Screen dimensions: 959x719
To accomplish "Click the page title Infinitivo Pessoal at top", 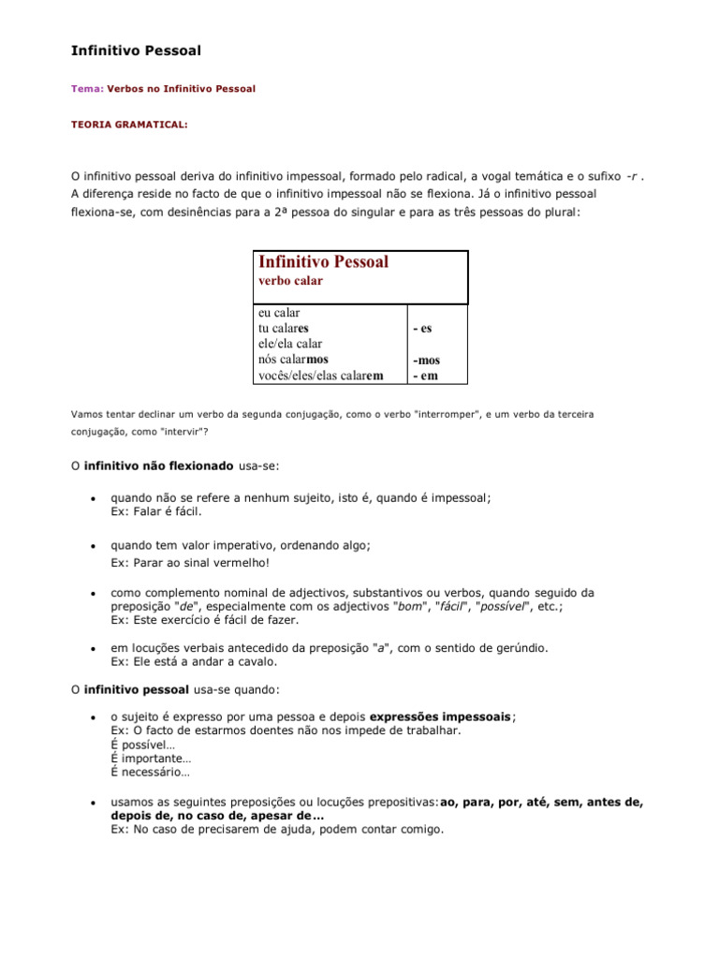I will coord(136,50).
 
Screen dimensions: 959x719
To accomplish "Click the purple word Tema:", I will coord(87,89).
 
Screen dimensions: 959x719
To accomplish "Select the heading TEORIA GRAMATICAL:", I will coord(129,124).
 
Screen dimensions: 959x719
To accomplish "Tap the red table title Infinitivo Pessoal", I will coord(323,262).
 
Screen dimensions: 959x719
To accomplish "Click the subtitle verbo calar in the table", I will coord(290,281).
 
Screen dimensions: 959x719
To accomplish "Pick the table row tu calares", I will coord(284,329).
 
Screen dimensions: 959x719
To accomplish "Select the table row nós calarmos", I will coord(293,360).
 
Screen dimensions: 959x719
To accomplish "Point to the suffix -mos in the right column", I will coord(426,361).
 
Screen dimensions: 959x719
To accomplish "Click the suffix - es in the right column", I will coord(422,330).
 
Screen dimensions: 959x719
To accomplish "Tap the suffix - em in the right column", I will coord(425,376).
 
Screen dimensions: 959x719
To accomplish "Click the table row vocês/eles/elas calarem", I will coord(321,376).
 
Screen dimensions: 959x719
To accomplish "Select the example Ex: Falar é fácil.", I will coord(156,512).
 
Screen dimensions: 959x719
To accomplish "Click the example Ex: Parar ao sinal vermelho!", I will coord(190,562).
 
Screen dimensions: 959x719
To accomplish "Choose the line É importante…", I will coord(151,759).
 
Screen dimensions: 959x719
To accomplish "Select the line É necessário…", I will coord(151,773).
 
